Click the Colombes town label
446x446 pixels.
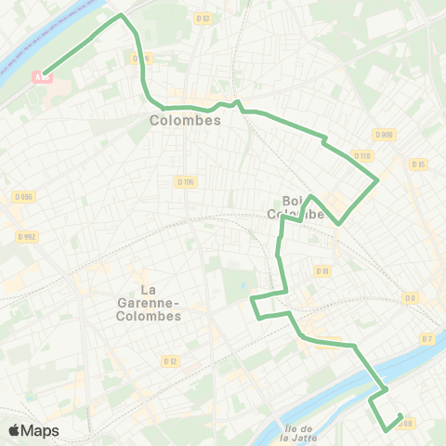pos(185,121)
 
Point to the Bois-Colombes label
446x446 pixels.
pos(295,206)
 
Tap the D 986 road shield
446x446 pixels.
pos(25,196)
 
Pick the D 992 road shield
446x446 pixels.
pos(25,237)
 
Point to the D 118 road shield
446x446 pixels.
pos(362,155)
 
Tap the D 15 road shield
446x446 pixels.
pos(418,164)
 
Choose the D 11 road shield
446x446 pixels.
pos(322,271)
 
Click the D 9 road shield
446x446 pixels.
pos(410,297)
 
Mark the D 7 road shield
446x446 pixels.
pos(427,339)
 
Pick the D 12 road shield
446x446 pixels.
pos(170,361)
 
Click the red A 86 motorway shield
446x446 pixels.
pos(41,77)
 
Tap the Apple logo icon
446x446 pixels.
pos(15,430)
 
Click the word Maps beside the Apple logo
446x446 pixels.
pos(41,430)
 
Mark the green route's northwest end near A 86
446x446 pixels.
pos(44,72)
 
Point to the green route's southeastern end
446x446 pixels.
pos(400,415)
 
